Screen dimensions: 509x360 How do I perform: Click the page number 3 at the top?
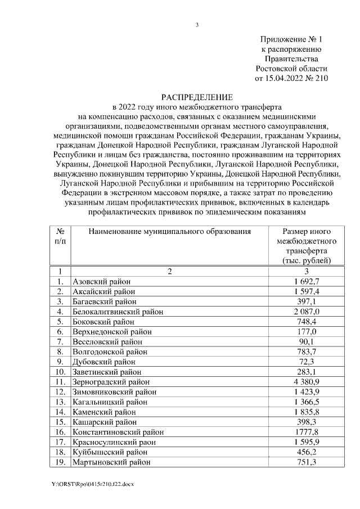197,25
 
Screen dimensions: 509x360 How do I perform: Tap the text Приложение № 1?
292,39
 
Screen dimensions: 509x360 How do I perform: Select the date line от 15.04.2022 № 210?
291,79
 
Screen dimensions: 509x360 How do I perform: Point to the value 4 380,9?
308,382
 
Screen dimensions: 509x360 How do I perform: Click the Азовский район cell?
101,281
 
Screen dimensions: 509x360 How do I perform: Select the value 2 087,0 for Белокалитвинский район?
308,311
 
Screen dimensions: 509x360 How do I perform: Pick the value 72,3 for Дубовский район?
308,362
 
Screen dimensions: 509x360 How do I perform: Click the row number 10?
60,372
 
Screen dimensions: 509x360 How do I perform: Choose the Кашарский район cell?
105,422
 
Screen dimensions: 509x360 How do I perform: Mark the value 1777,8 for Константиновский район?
308,432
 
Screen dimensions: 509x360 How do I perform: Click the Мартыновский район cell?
111,462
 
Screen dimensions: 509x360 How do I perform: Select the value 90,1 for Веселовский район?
308,341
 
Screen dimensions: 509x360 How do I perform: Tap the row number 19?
60,462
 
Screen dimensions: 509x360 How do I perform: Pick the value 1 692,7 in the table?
308,281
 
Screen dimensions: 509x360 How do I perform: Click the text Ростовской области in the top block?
291,69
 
